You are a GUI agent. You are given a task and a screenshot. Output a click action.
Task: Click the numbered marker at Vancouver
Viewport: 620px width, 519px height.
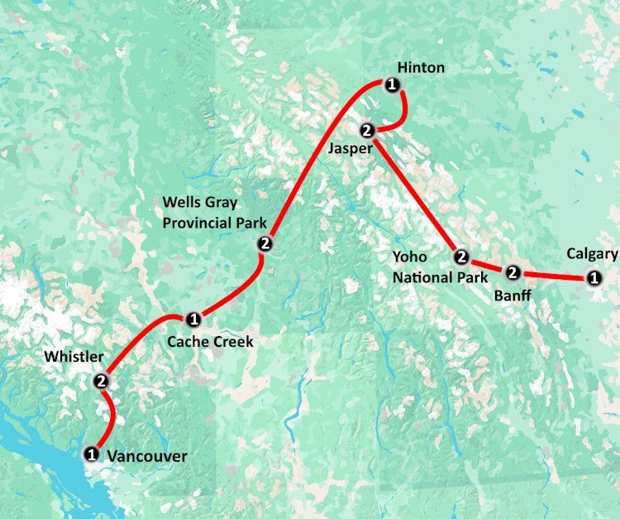90,453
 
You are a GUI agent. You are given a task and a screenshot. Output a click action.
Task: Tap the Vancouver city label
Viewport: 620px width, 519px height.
147,456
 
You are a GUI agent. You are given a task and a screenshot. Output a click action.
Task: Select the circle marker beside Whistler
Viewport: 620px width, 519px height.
102,382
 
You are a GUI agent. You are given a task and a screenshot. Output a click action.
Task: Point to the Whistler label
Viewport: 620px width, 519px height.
74,357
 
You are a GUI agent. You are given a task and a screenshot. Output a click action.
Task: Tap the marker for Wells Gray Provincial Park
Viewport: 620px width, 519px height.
265,243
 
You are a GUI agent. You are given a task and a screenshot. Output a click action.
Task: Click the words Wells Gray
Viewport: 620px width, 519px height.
199,202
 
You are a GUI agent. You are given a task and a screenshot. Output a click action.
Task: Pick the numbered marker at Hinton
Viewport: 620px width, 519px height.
393,84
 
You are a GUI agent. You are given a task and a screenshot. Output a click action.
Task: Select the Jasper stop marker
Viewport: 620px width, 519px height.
368,129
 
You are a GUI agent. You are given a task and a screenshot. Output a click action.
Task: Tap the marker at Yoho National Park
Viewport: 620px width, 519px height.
461,257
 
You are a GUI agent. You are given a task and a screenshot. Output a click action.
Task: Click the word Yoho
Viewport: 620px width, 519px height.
410,257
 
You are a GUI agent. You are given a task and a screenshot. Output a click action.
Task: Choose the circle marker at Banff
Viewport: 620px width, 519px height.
513,272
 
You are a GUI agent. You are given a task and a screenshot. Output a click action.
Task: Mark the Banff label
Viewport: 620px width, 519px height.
512,295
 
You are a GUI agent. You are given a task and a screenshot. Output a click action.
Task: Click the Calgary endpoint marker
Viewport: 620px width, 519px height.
593,277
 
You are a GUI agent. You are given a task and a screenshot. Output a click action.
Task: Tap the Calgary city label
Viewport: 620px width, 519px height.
592,254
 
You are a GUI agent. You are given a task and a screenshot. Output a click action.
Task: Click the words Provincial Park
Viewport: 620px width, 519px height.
214,223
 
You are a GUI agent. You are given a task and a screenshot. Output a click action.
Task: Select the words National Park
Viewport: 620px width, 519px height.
441,277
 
